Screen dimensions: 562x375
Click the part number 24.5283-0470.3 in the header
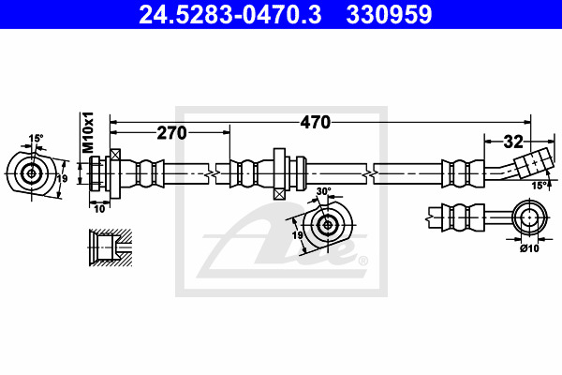(x=229, y=15)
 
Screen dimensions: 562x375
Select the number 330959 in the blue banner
(x=389, y=15)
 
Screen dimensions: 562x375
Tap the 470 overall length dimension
(x=315, y=123)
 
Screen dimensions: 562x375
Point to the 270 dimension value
(x=172, y=133)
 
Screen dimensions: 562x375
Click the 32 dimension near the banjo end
(x=513, y=142)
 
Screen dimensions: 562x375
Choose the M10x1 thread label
(x=88, y=132)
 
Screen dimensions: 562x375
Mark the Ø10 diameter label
(x=530, y=247)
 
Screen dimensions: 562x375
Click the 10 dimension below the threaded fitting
(x=99, y=209)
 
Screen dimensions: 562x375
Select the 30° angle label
(x=324, y=191)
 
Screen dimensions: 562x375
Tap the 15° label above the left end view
(x=36, y=138)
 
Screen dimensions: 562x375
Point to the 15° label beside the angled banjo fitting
(x=540, y=186)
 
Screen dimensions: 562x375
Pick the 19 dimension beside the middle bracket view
(x=297, y=235)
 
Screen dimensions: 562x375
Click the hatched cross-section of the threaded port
(x=111, y=247)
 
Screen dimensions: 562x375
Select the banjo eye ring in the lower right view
(x=529, y=217)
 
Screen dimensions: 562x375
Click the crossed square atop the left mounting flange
(x=115, y=155)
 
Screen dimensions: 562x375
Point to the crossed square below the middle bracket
(x=279, y=194)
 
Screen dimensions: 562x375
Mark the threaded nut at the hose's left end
(x=96, y=173)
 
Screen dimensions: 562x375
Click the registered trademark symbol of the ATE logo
(x=362, y=261)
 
